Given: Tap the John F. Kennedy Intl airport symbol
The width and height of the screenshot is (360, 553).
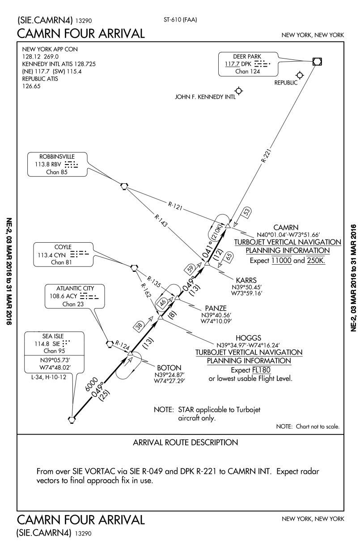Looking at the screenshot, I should [239, 91].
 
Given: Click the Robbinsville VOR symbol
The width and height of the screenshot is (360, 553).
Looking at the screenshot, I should [124, 185].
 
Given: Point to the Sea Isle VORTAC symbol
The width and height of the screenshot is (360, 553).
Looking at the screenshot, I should [72, 419].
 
